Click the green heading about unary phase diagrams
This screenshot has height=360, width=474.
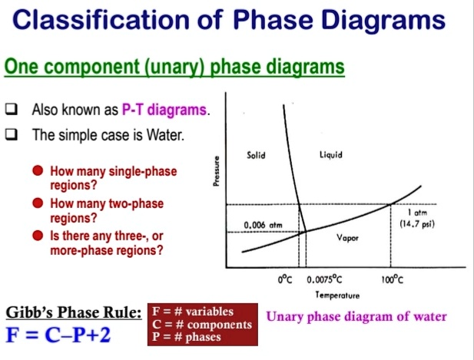click(174, 68)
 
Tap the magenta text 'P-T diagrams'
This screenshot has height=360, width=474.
click(164, 111)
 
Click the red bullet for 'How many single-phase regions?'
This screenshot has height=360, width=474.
click(37, 172)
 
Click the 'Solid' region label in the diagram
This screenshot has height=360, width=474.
click(257, 156)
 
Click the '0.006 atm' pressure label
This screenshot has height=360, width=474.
click(260, 224)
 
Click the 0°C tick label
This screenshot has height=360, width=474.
click(286, 282)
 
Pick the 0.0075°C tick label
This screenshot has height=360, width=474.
click(326, 282)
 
